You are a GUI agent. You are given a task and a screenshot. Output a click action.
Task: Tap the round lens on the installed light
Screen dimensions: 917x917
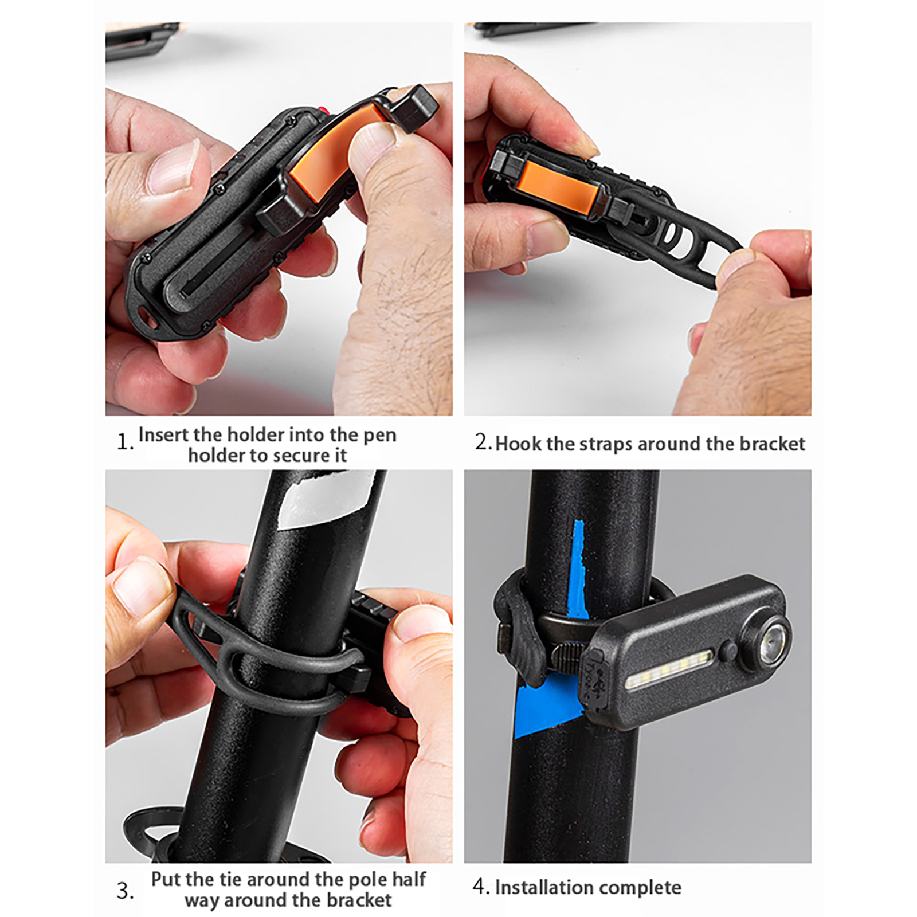769,640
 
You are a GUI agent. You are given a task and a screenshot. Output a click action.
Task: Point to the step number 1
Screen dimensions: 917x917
124,442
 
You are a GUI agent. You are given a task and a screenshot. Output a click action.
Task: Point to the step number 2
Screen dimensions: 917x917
483,442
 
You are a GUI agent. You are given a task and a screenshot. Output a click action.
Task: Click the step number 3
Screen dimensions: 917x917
125,891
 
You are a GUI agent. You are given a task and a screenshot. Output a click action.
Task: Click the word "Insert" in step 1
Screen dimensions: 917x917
163,434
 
